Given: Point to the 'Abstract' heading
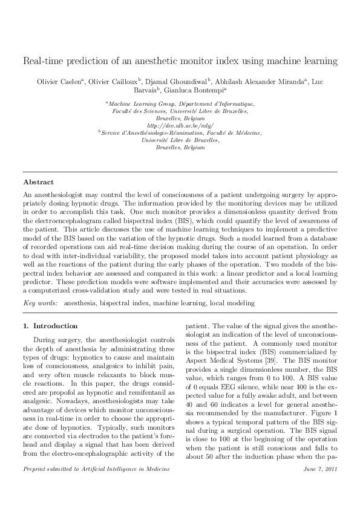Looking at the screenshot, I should pyautogui.click(x=38, y=182).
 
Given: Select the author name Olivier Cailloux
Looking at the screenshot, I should pyautogui.click(x=113, y=80).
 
